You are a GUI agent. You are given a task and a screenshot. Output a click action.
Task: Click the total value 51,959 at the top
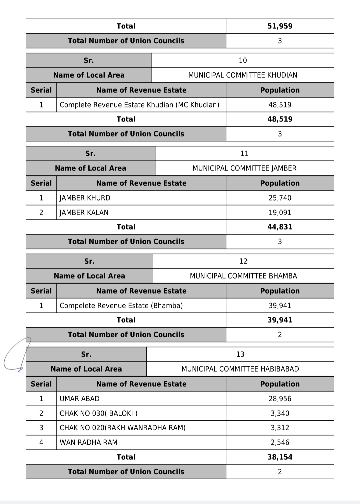coord(280,26)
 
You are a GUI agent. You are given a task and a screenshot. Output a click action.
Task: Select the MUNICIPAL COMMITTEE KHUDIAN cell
coord(243,75)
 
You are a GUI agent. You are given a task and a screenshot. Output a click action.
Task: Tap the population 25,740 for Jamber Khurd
coord(280,198)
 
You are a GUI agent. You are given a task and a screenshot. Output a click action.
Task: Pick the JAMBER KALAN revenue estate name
coord(84,212)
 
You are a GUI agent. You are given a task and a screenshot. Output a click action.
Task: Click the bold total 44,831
coord(280,227)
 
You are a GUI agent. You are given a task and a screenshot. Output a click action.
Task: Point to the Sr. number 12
coord(243,261)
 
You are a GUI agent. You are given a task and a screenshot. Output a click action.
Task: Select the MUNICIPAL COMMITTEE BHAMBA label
coord(243,276)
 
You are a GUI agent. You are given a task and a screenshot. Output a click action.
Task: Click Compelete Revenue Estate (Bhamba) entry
coord(121,306)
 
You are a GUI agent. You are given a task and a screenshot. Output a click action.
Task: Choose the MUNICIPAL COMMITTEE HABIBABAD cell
coord(240,369)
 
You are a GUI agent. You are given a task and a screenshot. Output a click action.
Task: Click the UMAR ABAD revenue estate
coord(79,399)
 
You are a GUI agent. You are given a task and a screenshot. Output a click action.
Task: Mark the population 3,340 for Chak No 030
coord(280,413)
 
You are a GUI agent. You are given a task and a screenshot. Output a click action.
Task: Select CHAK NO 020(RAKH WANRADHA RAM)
coord(122,428)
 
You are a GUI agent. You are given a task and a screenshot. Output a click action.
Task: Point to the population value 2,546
coord(280,442)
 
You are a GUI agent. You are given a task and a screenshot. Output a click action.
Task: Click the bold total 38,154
coord(280,457)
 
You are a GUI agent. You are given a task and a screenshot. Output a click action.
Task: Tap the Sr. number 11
coord(244,153)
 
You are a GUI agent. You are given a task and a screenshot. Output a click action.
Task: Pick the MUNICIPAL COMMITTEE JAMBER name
coord(244,168)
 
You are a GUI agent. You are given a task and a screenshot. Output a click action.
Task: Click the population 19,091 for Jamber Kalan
coord(280,212)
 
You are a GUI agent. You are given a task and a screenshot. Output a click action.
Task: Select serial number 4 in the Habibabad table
coord(41,442)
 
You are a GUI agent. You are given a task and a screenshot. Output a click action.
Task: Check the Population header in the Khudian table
coord(280,90)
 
